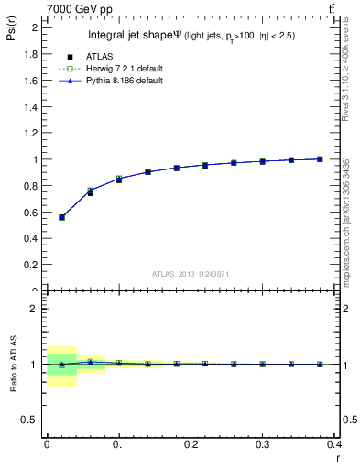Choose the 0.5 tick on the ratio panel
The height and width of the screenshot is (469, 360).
(32, 420)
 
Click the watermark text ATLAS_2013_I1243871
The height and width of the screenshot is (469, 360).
(191, 275)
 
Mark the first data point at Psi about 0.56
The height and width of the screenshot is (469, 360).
(62, 217)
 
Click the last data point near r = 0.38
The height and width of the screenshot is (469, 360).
(320, 158)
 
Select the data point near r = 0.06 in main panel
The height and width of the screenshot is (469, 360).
(90, 191)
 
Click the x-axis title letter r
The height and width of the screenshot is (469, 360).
(337, 457)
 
